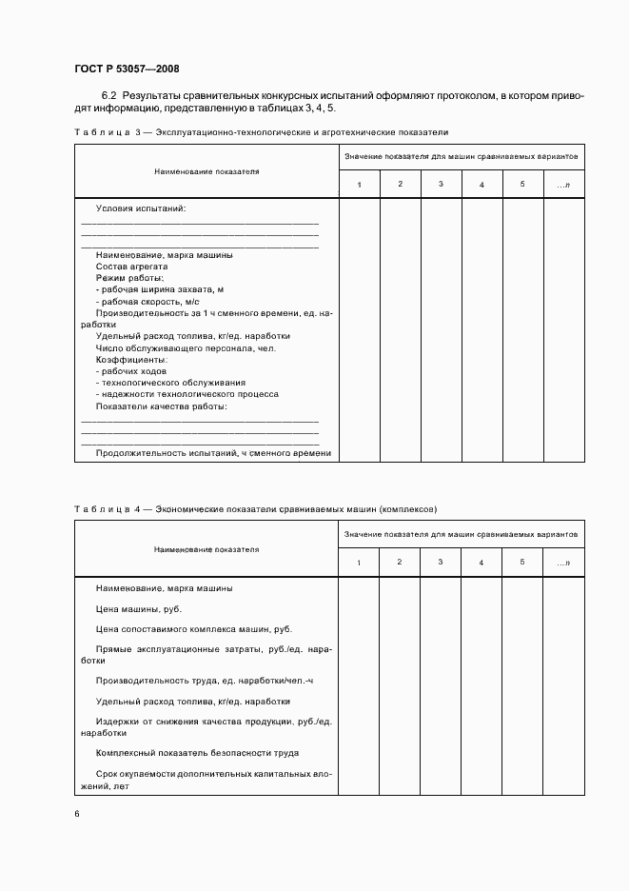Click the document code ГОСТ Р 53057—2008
click(x=126, y=69)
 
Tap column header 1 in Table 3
click(x=359, y=184)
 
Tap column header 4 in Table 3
click(x=482, y=184)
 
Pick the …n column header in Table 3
click(x=563, y=184)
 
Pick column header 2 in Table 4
click(x=400, y=563)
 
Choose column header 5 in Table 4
click(x=522, y=563)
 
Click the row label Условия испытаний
click(x=141, y=208)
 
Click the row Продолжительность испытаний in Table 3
click(x=213, y=453)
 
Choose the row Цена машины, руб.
click(x=139, y=608)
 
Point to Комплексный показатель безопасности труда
click(x=198, y=753)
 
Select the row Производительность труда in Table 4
click(x=205, y=681)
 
